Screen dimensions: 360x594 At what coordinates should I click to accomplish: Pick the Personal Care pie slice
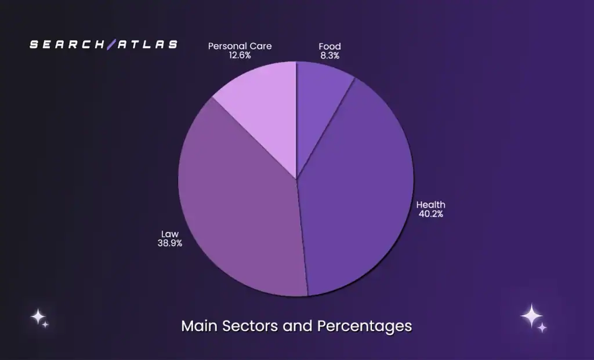tap(264, 110)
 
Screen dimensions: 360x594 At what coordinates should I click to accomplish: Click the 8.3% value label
tap(329, 56)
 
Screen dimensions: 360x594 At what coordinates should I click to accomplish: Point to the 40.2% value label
tap(431, 214)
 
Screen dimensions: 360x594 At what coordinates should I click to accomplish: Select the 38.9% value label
tap(170, 243)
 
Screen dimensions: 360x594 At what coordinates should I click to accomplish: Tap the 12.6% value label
tap(240, 56)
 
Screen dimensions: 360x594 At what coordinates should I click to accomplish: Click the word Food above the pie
tap(329, 46)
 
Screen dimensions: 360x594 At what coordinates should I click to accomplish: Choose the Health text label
tap(431, 205)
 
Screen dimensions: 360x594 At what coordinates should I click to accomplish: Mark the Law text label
tap(170, 234)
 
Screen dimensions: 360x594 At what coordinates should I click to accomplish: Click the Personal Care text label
tap(240, 46)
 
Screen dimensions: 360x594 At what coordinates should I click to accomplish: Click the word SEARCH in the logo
tap(70, 44)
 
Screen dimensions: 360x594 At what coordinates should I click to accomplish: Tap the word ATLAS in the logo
tap(147, 44)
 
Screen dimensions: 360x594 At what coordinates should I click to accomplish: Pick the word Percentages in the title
tap(364, 326)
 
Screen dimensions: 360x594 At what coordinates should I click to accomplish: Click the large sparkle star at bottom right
tap(531, 315)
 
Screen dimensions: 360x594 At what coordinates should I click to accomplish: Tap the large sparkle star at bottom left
tap(38, 317)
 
